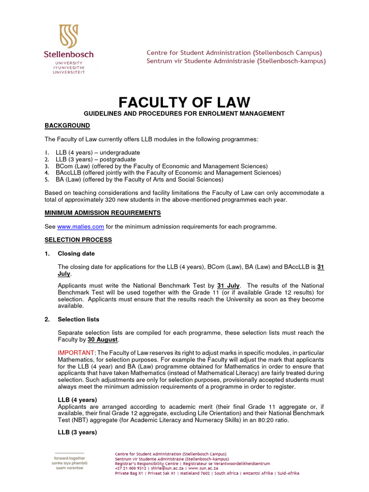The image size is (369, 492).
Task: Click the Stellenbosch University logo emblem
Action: tap(68, 36)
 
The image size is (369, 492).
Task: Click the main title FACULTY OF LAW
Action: tap(184, 102)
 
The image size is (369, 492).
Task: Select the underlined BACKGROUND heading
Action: tap(67, 125)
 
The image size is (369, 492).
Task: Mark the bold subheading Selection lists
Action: tap(78, 319)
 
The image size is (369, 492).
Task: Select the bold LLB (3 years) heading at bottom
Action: tap(77, 432)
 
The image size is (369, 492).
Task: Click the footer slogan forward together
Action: tap(69, 458)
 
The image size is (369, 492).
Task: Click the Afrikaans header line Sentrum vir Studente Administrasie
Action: tap(236, 61)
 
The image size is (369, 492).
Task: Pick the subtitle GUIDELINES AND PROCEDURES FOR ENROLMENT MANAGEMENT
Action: tap(184, 113)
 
